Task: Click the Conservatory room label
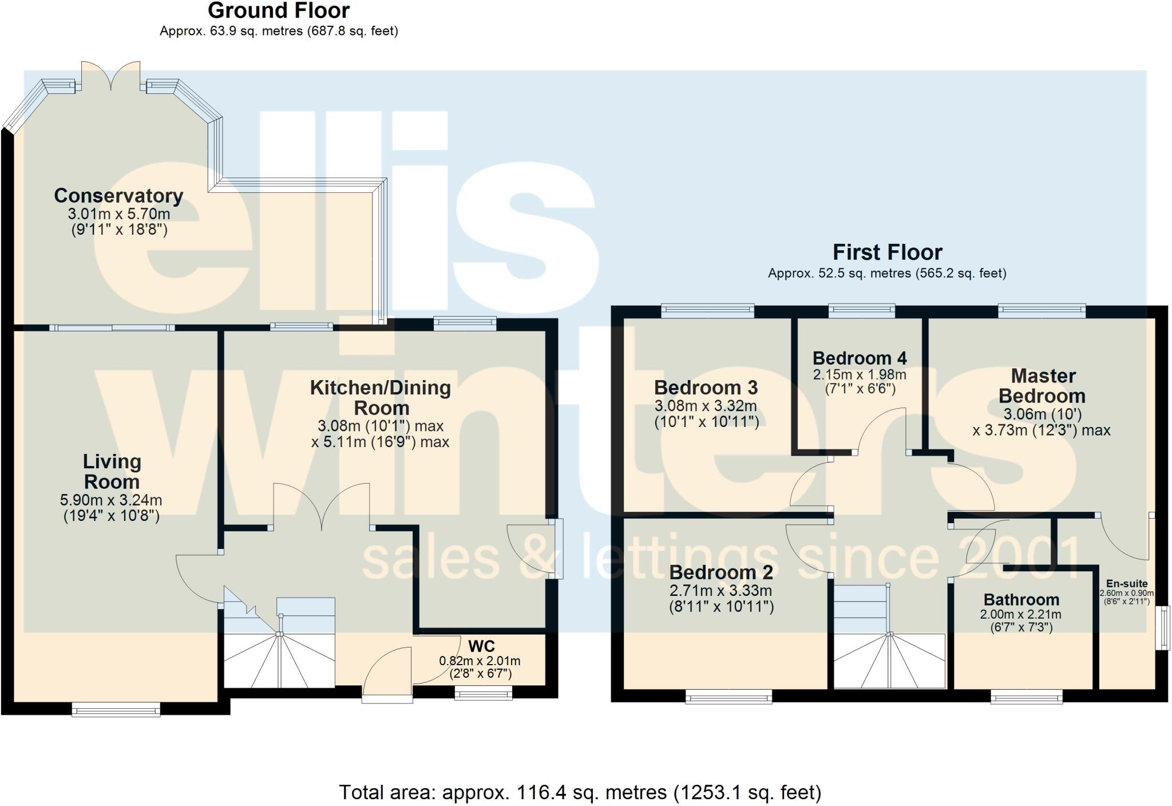click(x=118, y=196)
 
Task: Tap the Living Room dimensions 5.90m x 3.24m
click(x=111, y=500)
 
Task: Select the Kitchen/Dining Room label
click(x=381, y=398)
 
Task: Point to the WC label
click(x=481, y=646)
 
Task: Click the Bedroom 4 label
click(x=860, y=358)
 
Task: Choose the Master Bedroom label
click(x=1043, y=386)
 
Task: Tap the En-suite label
click(x=1127, y=584)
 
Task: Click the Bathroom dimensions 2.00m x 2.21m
click(x=1020, y=615)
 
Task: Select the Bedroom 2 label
click(x=721, y=572)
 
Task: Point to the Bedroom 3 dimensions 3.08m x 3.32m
click(x=706, y=406)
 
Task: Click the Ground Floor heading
click(x=279, y=11)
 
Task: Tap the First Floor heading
click(x=887, y=252)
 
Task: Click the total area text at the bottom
click(x=580, y=793)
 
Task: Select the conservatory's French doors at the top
click(x=110, y=77)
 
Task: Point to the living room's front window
click(x=116, y=710)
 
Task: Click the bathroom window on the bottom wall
click(x=1027, y=697)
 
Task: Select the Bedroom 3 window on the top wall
click(x=707, y=311)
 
